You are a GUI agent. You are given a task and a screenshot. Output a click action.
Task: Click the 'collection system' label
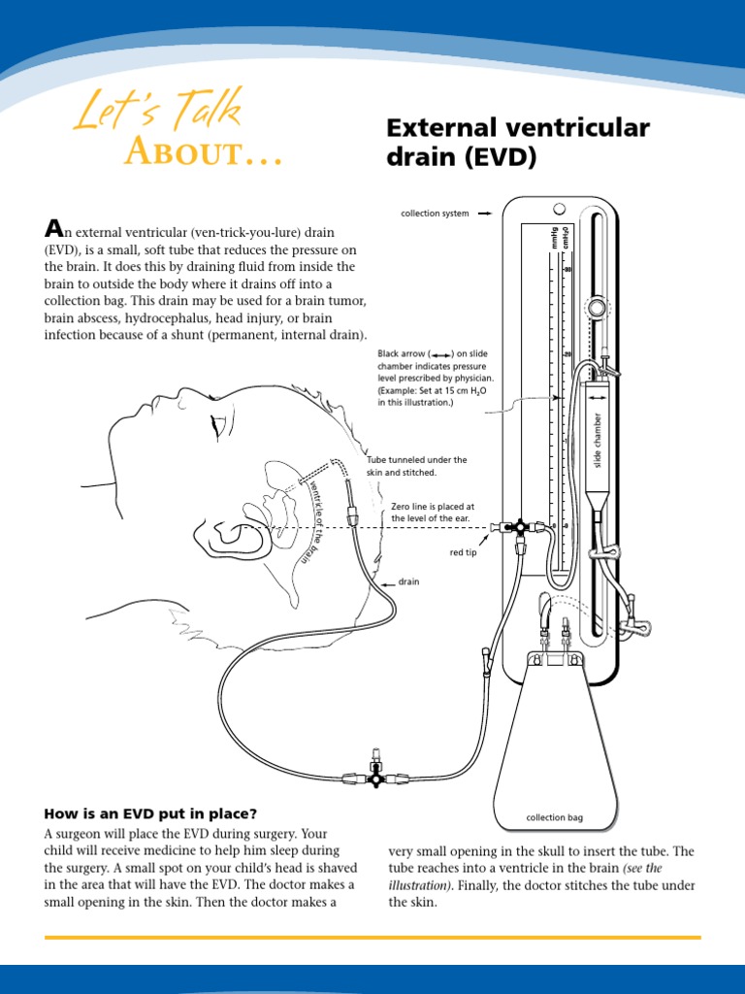(435, 214)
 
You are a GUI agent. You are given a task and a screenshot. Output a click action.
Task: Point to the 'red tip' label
(464, 551)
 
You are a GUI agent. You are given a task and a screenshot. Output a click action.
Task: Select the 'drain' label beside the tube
(409, 582)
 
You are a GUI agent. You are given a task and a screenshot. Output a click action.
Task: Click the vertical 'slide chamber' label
(599, 439)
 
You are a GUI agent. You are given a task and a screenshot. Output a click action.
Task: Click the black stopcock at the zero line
(521, 527)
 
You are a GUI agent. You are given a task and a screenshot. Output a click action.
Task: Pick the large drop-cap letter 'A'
(54, 229)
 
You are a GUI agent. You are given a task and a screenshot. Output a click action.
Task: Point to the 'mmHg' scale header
(555, 238)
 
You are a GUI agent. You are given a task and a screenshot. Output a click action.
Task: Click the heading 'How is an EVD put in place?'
(150, 813)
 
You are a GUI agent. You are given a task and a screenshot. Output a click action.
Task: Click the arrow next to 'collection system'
(488, 214)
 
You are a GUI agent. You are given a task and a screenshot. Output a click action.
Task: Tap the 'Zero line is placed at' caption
(433, 507)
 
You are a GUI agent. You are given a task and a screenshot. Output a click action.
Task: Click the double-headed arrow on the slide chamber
(557, 396)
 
